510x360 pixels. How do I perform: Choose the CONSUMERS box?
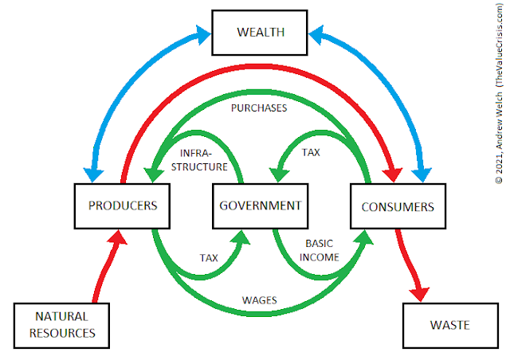point(398,206)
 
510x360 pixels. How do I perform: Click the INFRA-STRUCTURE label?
point(204,159)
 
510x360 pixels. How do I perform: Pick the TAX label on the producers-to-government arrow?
point(208,257)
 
